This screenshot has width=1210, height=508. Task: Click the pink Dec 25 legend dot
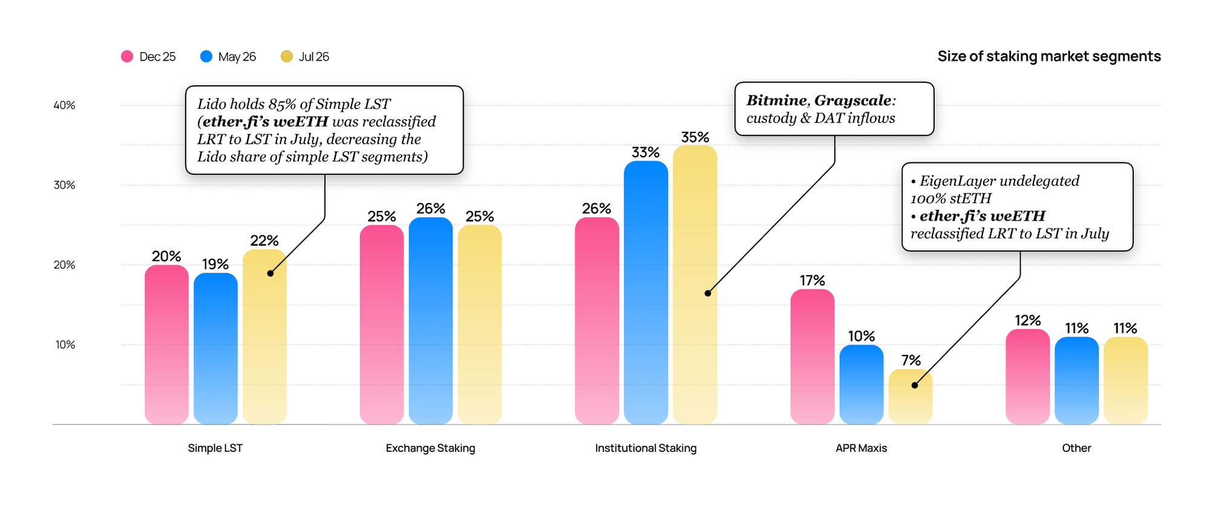pos(127,56)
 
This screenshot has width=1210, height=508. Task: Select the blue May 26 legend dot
pos(206,56)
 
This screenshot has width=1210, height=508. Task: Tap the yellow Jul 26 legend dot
pos(287,56)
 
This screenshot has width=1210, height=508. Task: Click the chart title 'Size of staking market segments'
pos(1049,56)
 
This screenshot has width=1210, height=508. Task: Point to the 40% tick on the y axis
pos(64,105)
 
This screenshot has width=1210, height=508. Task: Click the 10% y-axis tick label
pos(65,345)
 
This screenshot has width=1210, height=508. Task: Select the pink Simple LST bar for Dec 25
pos(166,345)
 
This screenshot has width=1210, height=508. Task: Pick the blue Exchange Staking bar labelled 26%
pos(431,321)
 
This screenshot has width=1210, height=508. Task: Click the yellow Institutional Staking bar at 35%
pos(695,285)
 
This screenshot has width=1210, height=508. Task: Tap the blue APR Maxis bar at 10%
pos(862,385)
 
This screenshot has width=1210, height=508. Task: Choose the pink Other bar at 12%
pos(1028,377)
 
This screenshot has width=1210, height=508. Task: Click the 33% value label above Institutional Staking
pos(646,152)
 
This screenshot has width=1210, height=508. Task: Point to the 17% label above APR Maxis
pos(813,281)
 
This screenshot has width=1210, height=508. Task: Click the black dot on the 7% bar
pos(915,385)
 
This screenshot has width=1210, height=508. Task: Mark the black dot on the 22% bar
pos(270,273)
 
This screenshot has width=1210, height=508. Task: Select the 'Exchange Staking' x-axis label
pos(431,448)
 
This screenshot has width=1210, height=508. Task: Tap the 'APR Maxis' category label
pos(862,448)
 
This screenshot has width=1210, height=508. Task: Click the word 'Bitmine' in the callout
pos(777,100)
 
